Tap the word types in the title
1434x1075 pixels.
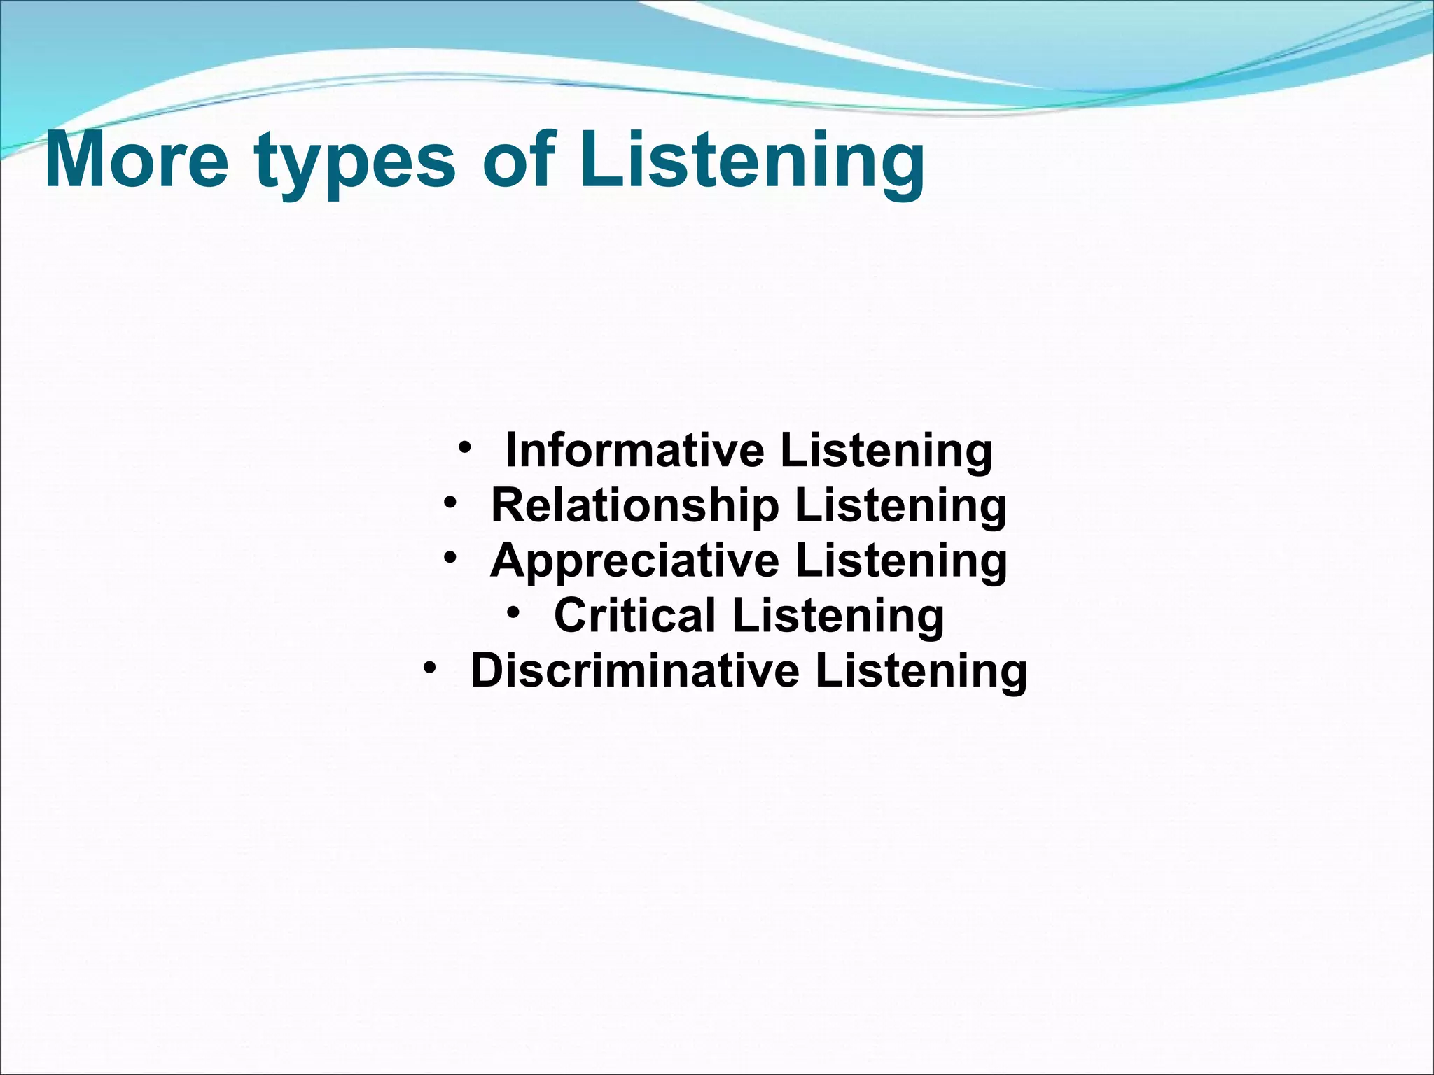[x=356, y=164]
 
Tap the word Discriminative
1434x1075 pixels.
[x=634, y=670]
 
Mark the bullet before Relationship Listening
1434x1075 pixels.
[x=450, y=502]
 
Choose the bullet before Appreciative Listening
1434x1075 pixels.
[x=450, y=557]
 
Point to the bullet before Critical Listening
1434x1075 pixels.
[x=514, y=612]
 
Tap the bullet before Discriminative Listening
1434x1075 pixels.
[x=430, y=667]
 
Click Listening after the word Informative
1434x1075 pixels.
[x=886, y=451]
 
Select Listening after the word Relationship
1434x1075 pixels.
[x=901, y=507]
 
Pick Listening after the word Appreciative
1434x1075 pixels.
[x=901, y=562]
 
